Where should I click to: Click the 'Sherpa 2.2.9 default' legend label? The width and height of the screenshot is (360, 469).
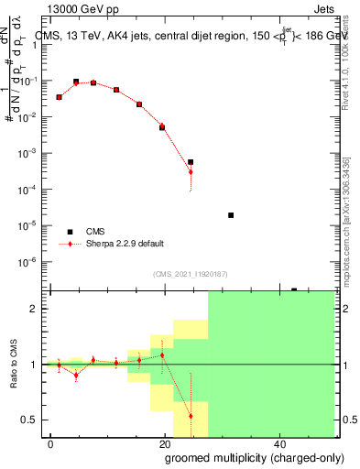click(126, 244)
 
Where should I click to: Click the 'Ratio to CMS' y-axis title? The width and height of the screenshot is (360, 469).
click(13, 365)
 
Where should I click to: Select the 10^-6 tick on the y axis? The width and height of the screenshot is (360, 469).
click(33, 261)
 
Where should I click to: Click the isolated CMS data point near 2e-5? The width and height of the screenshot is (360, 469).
click(231, 215)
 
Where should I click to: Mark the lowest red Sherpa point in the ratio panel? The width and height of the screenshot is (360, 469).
click(191, 416)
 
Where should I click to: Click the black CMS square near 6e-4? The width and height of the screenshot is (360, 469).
click(191, 162)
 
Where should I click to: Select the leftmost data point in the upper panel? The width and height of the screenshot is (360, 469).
click(60, 97)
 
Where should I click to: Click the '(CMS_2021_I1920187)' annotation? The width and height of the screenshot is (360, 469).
click(191, 273)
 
